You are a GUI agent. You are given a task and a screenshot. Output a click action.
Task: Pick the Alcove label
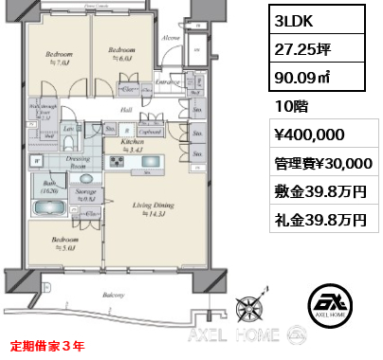click(171, 39)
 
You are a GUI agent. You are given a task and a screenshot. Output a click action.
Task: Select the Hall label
click(125, 110)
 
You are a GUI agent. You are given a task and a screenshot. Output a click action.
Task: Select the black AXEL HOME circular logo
click(339, 305)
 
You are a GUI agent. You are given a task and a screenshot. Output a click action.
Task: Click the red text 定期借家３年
click(49, 345)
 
